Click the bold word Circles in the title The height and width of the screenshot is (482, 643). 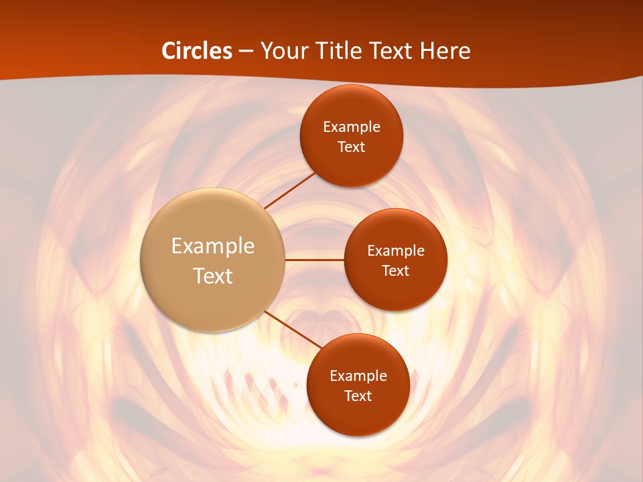pyautogui.click(x=197, y=51)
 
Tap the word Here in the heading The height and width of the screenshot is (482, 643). pyautogui.click(x=445, y=51)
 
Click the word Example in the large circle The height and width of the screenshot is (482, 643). pyautogui.click(x=213, y=246)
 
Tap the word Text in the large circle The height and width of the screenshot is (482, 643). pyautogui.click(x=213, y=276)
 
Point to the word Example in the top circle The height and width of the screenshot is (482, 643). pyautogui.click(x=352, y=127)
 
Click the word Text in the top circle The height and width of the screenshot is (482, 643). pyautogui.click(x=352, y=147)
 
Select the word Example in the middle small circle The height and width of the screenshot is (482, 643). pyautogui.click(x=396, y=251)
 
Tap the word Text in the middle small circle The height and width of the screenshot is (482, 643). pyautogui.click(x=396, y=270)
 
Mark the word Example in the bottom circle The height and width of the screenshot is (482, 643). pyautogui.click(x=358, y=376)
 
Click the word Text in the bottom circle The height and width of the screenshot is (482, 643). pyautogui.click(x=358, y=396)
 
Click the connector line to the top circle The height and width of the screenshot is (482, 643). pyautogui.click(x=290, y=189)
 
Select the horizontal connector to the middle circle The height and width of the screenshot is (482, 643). pyautogui.click(x=315, y=259)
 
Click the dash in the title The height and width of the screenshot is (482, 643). pyautogui.click(x=246, y=52)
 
